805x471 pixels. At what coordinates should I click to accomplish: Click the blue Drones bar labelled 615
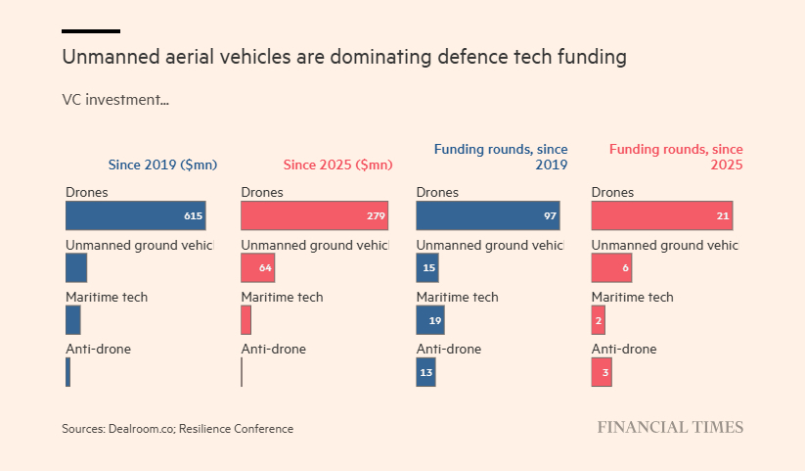(x=136, y=215)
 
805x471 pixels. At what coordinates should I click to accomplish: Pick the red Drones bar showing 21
(x=662, y=215)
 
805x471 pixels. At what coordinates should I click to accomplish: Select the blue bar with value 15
(x=427, y=267)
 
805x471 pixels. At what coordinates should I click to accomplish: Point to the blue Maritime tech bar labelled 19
(x=430, y=319)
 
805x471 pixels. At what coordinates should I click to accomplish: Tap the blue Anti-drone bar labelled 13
(x=425, y=372)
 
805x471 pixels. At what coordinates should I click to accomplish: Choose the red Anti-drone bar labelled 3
(x=602, y=372)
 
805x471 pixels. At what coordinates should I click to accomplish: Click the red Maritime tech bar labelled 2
(x=599, y=319)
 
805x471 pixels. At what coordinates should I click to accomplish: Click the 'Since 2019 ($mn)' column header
(x=162, y=165)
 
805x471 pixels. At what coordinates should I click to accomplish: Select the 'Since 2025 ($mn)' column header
(x=337, y=165)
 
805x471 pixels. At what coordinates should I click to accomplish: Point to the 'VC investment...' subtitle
(x=115, y=99)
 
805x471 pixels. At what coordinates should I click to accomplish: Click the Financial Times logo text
(x=670, y=427)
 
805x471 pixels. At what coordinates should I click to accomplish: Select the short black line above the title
(x=91, y=31)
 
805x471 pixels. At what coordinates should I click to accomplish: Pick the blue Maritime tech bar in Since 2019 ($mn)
(x=73, y=319)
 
